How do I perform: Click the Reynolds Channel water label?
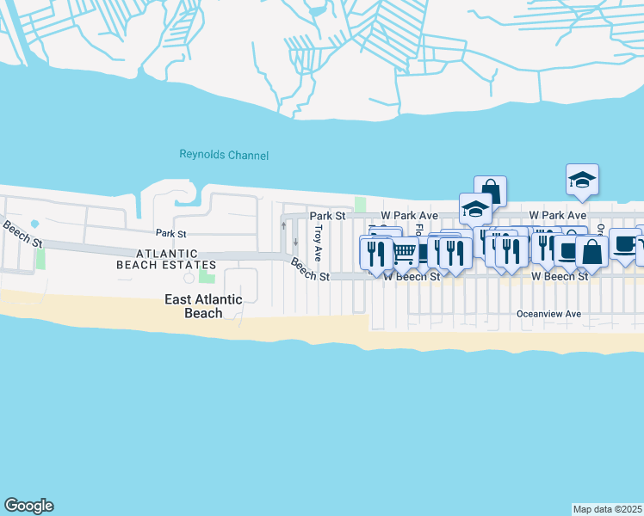coord(224,155)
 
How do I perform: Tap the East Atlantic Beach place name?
coord(203,306)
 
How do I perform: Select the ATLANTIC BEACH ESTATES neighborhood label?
coord(167,259)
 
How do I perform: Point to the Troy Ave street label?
coord(318,243)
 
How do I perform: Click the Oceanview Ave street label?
coord(548,315)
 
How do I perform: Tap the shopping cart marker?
coord(405,252)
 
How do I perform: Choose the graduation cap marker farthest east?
coord(582,179)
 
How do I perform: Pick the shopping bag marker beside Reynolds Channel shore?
coord(490,190)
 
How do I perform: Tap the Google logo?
coord(28,506)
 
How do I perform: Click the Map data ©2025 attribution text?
coord(608,509)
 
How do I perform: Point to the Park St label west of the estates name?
coord(170,233)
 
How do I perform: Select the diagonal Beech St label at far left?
coord(22,234)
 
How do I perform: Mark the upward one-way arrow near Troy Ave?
coord(283,225)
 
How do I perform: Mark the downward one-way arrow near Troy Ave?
coord(295,241)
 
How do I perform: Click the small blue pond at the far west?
coord(34,224)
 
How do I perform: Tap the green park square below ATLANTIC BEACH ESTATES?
coord(207,274)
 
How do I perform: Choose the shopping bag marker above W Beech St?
coord(591,251)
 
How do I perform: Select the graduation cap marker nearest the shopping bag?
coord(475,208)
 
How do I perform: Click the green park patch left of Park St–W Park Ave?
coord(360,205)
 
